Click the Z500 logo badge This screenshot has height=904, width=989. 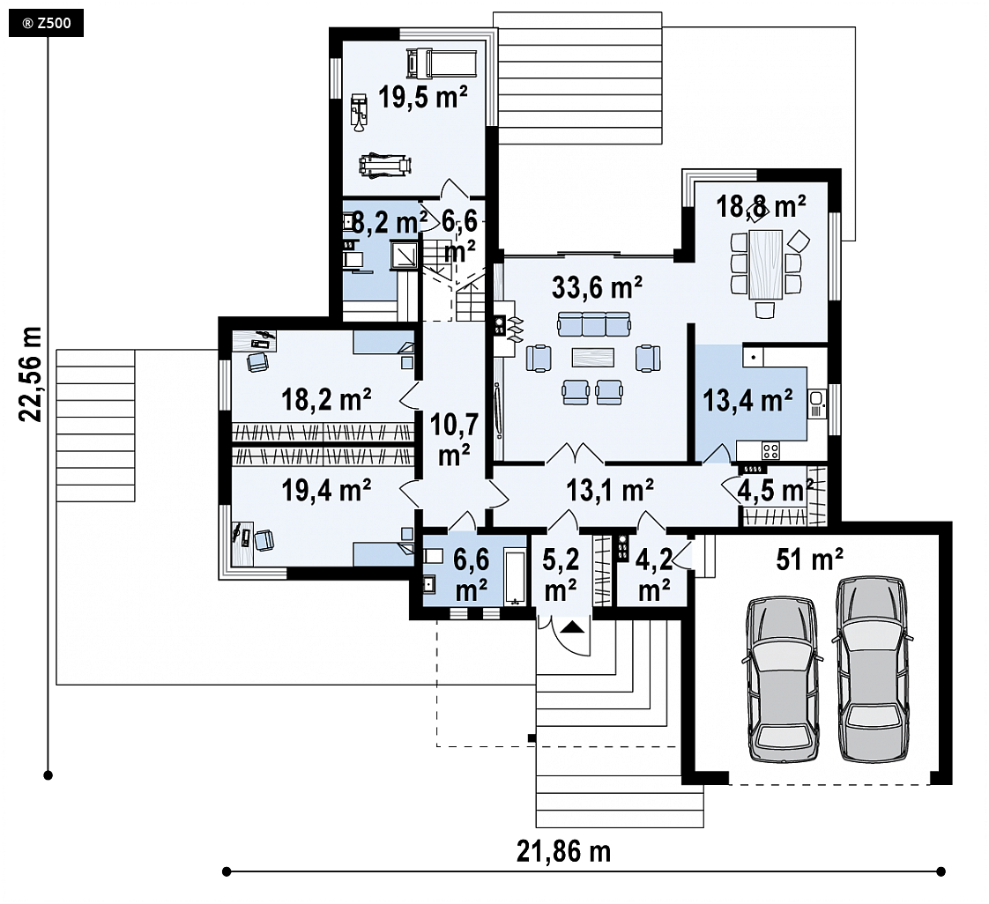[46, 24]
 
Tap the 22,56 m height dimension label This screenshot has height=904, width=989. [30, 374]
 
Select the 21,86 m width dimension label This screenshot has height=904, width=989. [564, 852]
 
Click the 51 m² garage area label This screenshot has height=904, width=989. [809, 559]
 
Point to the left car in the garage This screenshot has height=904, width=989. [782, 679]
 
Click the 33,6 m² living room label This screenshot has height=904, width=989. [597, 287]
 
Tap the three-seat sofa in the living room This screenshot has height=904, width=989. [593, 324]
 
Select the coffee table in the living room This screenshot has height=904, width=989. [593, 357]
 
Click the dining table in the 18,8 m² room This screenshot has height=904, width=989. [766, 265]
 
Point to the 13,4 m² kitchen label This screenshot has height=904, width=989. [747, 400]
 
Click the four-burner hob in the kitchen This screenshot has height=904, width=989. [770, 451]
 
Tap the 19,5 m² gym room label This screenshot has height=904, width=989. [422, 97]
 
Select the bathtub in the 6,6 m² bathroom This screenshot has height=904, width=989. [515, 577]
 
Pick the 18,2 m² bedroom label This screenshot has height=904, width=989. [325, 400]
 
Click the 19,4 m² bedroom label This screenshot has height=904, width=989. [325, 491]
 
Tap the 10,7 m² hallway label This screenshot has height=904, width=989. [454, 440]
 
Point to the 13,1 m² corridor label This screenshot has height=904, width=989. [609, 490]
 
